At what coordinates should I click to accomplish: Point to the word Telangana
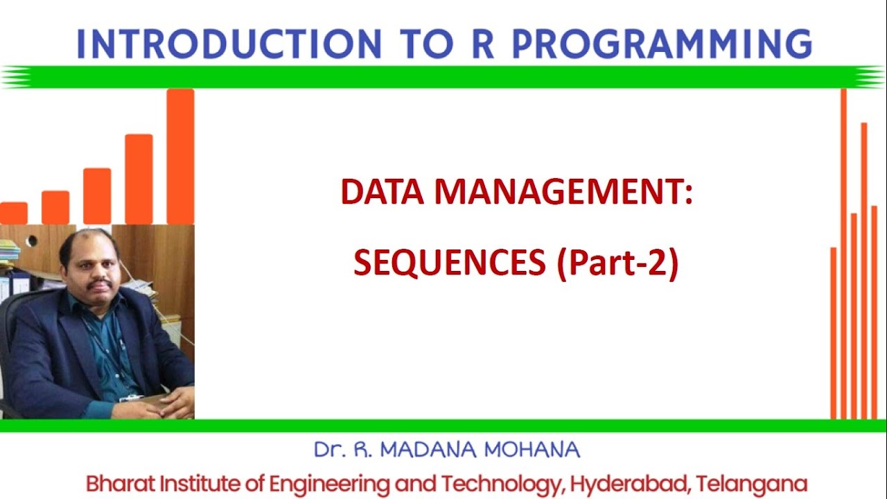pyautogui.click(x=753, y=483)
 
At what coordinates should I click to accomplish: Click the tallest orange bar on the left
pyautogui.click(x=180, y=156)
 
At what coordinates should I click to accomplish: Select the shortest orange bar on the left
pyautogui.click(x=13, y=213)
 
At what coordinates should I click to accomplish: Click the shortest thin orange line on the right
pyautogui.click(x=834, y=333)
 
